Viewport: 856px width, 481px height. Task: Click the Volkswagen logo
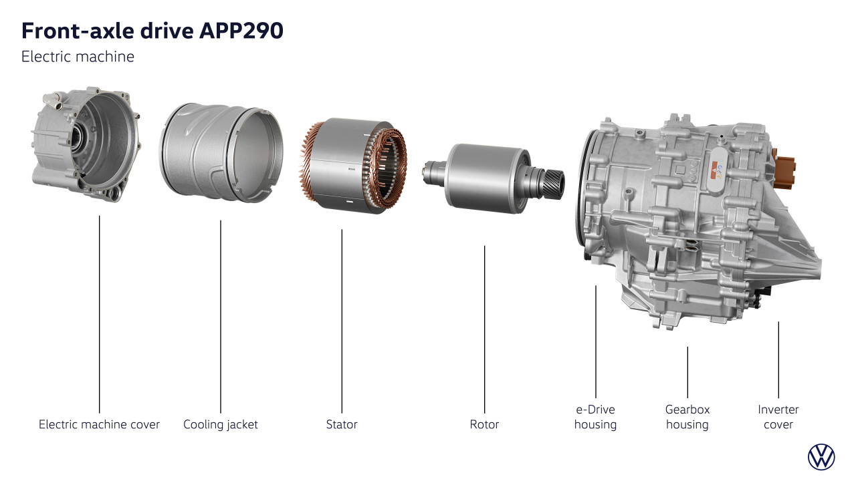[821, 457]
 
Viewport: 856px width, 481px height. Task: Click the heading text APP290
[241, 31]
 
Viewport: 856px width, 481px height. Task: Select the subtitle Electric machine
[78, 57]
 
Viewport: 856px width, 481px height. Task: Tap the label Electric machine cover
[100, 424]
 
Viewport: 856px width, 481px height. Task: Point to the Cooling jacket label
[221, 425]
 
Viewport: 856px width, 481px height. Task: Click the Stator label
[342, 424]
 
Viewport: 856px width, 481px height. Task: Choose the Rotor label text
[484, 424]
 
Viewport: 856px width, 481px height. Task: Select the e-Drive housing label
[595, 418]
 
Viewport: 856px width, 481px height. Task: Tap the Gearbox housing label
[687, 418]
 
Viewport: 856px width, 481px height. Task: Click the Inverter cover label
[778, 418]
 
